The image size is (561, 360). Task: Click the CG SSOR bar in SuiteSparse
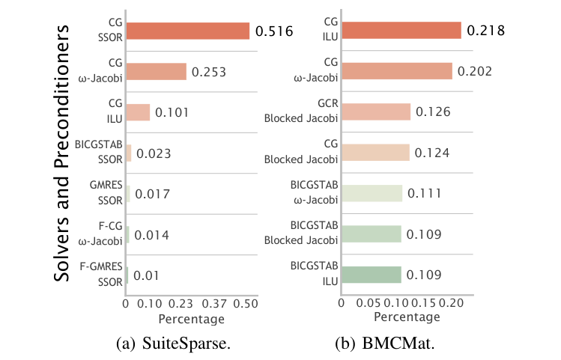point(187,31)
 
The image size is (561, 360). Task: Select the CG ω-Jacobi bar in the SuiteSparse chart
point(156,72)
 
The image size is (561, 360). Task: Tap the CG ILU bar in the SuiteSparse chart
point(138,112)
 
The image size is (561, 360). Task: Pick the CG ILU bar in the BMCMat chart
point(401,31)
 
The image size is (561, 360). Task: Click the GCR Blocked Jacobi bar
point(375,112)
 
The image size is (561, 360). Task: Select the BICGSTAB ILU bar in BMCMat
point(371,275)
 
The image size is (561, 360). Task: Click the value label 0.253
point(209,73)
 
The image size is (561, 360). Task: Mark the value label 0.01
point(146,276)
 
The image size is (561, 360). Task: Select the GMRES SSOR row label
point(103,194)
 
